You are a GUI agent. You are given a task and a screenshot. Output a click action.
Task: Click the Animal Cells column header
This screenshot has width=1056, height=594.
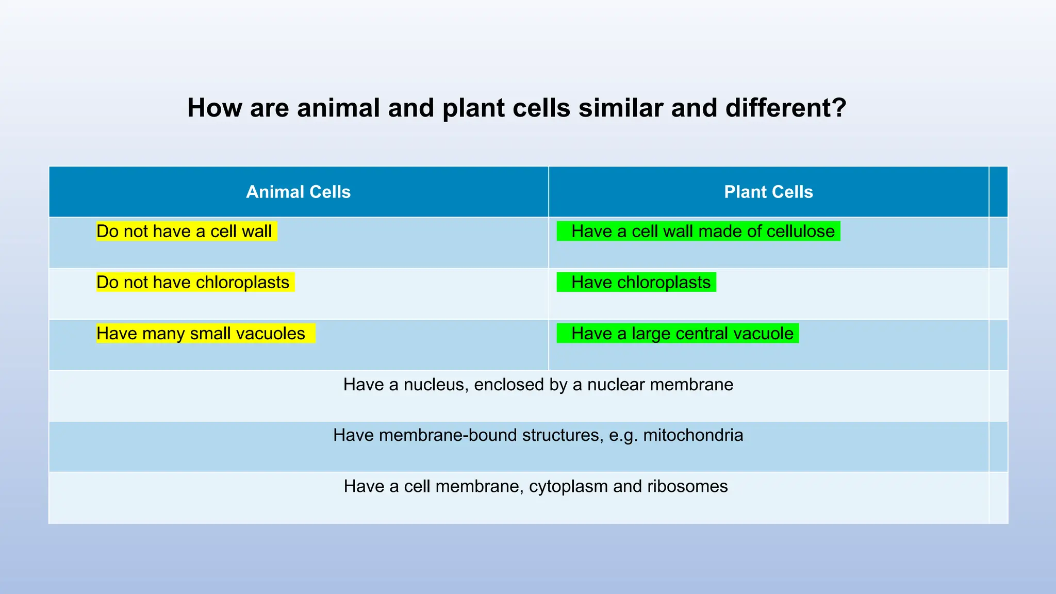298,192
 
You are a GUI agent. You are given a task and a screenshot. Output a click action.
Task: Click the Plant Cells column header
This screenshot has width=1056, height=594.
768,192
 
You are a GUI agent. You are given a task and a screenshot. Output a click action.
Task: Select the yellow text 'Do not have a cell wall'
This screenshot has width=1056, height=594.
184,232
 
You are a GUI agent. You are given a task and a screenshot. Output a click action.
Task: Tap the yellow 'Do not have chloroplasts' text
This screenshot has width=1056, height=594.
193,283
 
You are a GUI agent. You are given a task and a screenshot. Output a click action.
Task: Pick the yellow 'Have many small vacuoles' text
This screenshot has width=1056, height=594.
201,334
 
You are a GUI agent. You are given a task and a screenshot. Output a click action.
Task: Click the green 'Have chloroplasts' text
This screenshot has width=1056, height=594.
641,283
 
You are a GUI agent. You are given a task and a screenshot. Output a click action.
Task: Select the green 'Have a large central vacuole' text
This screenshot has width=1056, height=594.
682,334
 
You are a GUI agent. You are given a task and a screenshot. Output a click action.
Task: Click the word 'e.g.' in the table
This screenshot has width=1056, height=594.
623,436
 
